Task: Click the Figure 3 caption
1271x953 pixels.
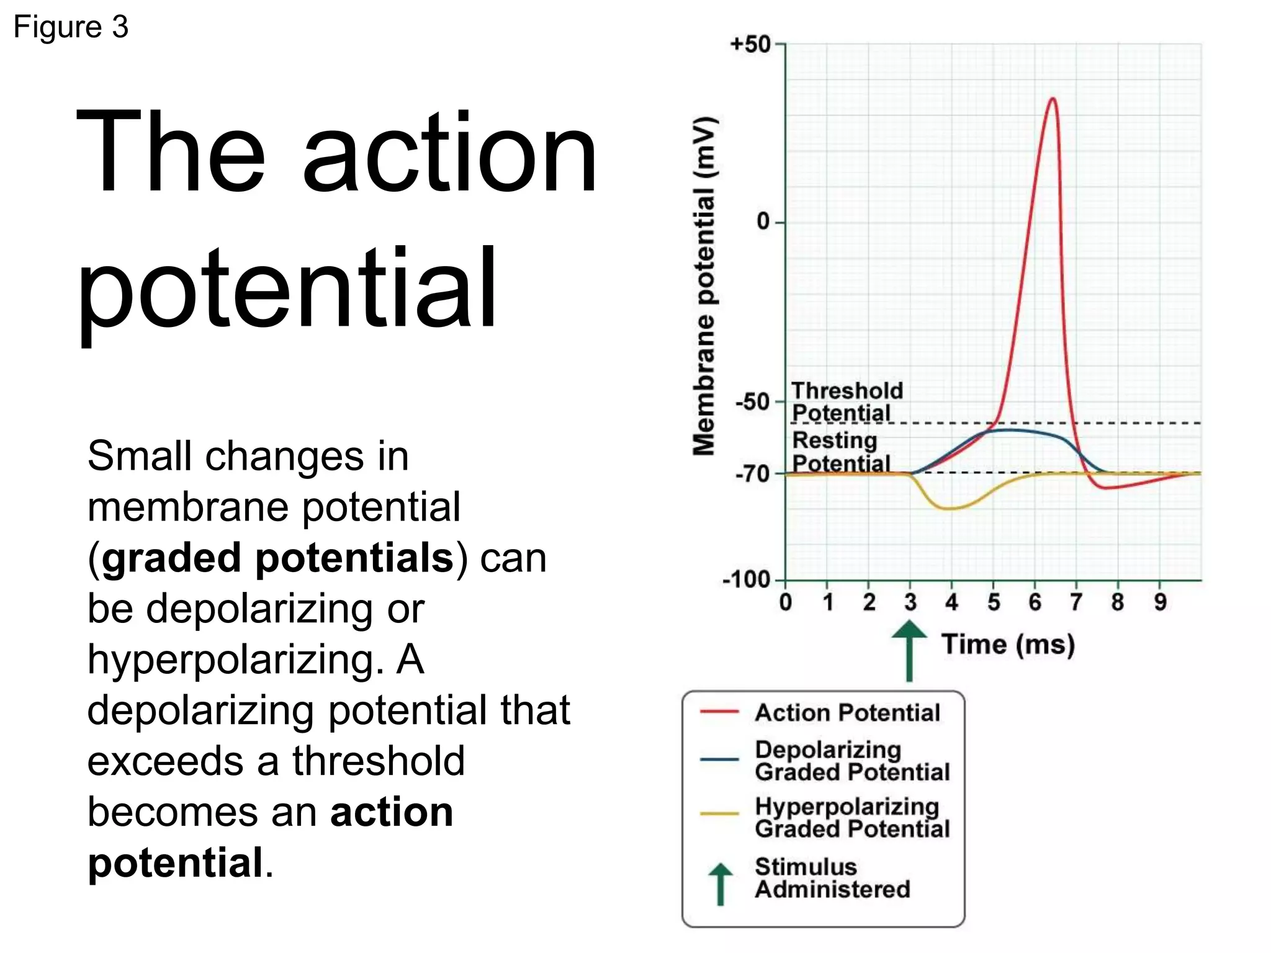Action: pyautogui.click(x=71, y=27)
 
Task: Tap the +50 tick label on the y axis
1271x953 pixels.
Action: pyautogui.click(x=750, y=45)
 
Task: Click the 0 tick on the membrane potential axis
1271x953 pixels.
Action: pyautogui.click(x=763, y=221)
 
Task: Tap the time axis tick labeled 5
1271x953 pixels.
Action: pyautogui.click(x=994, y=602)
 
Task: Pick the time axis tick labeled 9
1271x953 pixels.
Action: pyautogui.click(x=1160, y=602)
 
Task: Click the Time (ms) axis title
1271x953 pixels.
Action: pyautogui.click(x=1008, y=645)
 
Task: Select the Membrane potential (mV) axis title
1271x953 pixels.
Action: pyautogui.click(x=704, y=285)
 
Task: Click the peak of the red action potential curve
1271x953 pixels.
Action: pyautogui.click(x=1053, y=99)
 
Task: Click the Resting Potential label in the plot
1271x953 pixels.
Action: pyautogui.click(x=840, y=452)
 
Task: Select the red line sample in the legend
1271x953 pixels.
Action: pyautogui.click(x=719, y=712)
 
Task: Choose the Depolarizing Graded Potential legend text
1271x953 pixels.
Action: pyautogui.click(x=851, y=761)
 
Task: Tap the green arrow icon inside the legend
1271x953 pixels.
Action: pyautogui.click(x=720, y=884)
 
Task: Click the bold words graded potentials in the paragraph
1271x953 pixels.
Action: pyautogui.click(x=277, y=557)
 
